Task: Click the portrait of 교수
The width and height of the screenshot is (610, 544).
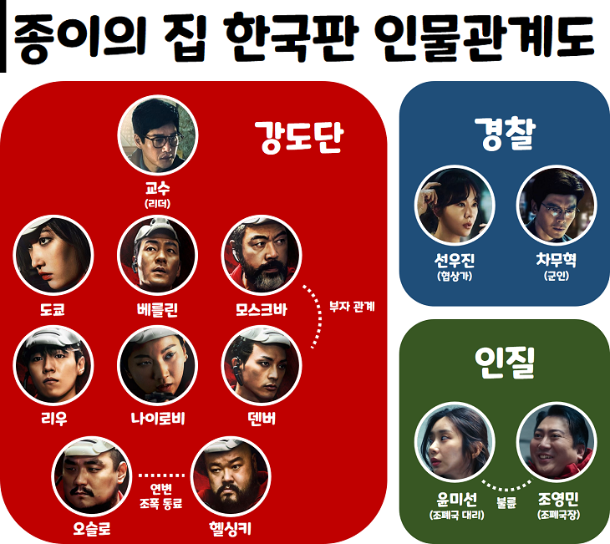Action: [157, 135]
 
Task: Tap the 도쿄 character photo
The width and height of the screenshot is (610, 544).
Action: [53, 256]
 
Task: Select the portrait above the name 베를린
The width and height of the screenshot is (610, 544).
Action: [157, 256]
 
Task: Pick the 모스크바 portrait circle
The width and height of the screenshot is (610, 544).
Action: [261, 256]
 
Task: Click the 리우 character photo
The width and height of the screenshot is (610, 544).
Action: [53, 365]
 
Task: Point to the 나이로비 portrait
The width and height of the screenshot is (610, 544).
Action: [157, 365]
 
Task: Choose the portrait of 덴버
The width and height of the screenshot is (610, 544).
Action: [261, 365]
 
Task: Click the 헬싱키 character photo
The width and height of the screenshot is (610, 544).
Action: [231, 475]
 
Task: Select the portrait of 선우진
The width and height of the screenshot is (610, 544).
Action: [455, 206]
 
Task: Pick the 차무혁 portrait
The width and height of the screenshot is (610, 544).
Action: [557, 206]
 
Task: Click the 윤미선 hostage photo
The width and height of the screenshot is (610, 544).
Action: [455, 452]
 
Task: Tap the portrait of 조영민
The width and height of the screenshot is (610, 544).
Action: [557, 452]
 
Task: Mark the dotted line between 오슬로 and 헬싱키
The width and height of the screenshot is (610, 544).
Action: [160, 475]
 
